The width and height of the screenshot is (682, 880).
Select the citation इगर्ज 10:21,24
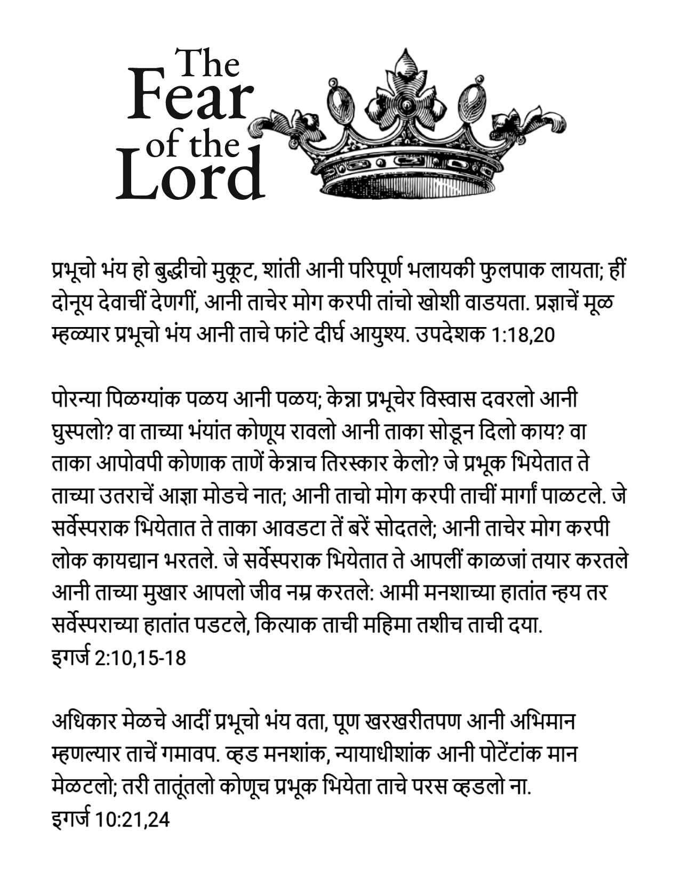click(x=110, y=819)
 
